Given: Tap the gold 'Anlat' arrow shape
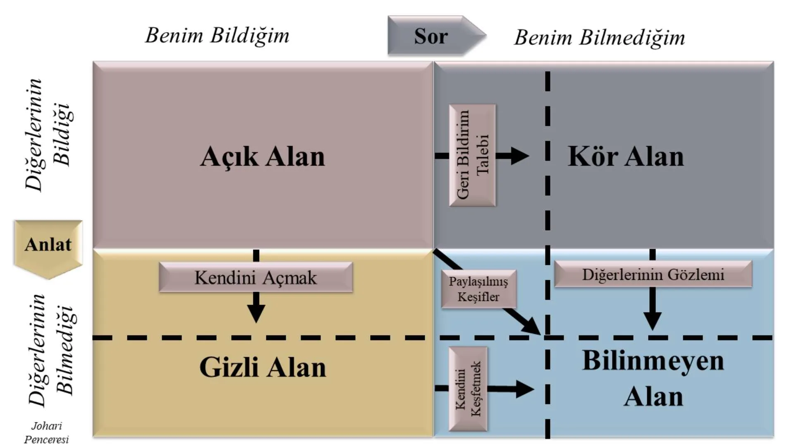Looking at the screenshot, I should point(48,245).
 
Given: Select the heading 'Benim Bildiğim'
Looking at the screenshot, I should point(217,35).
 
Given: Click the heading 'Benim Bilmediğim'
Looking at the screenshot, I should point(600,38).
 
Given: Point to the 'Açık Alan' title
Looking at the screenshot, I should point(263,156).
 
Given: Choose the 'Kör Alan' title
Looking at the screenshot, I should point(625,156).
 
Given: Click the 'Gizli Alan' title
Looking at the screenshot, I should point(263,367).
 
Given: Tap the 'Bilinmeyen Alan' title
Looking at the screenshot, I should point(653,378).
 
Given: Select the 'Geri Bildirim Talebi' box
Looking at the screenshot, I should point(472,155).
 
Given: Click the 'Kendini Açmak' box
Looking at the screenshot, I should point(256,277).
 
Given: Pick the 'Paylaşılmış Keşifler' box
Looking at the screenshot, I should point(478,289).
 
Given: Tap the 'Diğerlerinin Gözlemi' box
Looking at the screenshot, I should point(653,274).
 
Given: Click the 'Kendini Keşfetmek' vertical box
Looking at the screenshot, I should point(468,389).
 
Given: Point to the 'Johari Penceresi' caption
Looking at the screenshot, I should point(46,433).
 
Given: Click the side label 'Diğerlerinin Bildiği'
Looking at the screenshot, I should point(47,135).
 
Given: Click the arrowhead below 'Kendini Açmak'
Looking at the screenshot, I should point(256,314).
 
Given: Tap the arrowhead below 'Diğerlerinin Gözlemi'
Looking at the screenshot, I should point(653,321).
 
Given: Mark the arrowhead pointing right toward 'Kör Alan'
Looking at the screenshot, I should point(519,156).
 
